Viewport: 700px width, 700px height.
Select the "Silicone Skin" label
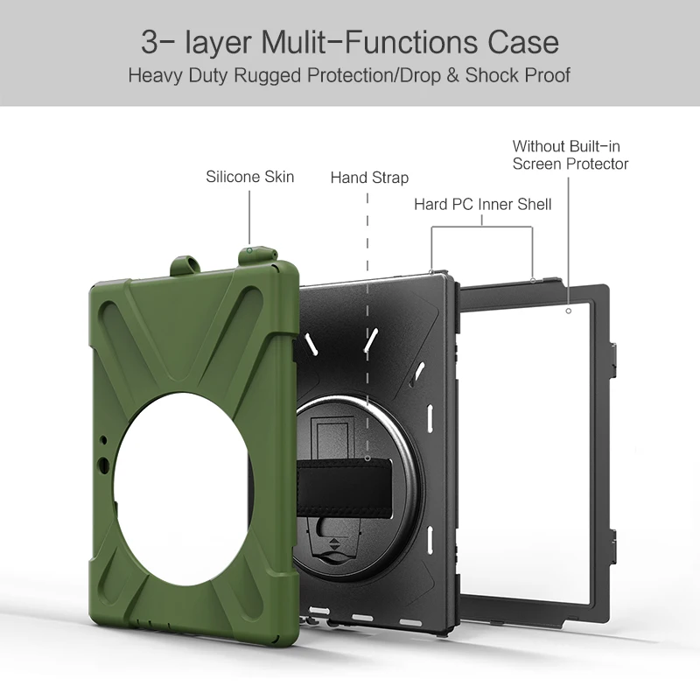pyautogui.click(x=250, y=177)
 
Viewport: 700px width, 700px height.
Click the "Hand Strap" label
pyautogui.click(x=369, y=178)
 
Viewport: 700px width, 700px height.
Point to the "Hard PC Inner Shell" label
pyautogui.click(x=483, y=204)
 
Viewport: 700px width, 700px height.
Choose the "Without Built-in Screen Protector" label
pyautogui.click(x=570, y=155)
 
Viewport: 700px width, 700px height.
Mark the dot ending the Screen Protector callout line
pyautogui.click(x=568, y=311)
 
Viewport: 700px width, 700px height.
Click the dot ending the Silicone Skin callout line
pyautogui.click(x=249, y=248)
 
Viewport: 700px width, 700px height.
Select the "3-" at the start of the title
pyautogui.click(x=156, y=42)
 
